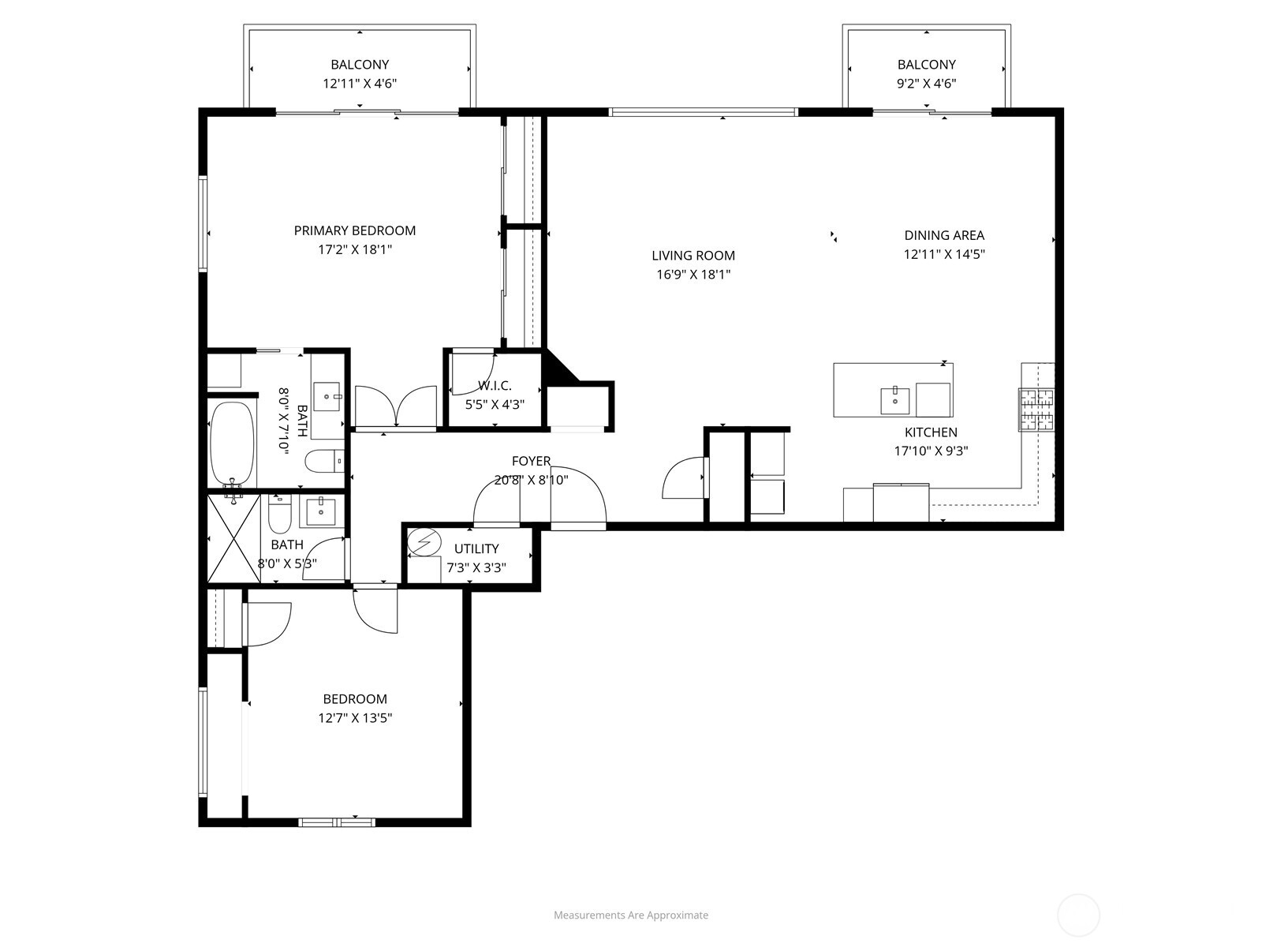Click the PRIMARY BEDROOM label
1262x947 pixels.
355,230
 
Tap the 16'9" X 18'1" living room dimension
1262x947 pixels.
693,275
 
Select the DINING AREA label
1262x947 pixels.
944,235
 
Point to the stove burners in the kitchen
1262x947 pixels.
1036,410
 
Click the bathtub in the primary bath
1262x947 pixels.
232,445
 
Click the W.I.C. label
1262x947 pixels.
495,386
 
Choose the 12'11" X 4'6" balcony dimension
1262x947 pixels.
360,84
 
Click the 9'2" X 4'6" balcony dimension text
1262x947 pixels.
926,84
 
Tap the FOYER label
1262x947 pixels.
531,461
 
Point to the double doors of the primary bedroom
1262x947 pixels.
396,407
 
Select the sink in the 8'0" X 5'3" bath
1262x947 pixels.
321,511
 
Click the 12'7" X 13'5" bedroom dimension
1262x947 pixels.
355,718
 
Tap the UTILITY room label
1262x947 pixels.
476,548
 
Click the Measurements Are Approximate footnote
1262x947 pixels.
630,915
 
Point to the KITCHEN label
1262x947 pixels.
931,432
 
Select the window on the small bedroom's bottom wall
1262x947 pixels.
337,822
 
